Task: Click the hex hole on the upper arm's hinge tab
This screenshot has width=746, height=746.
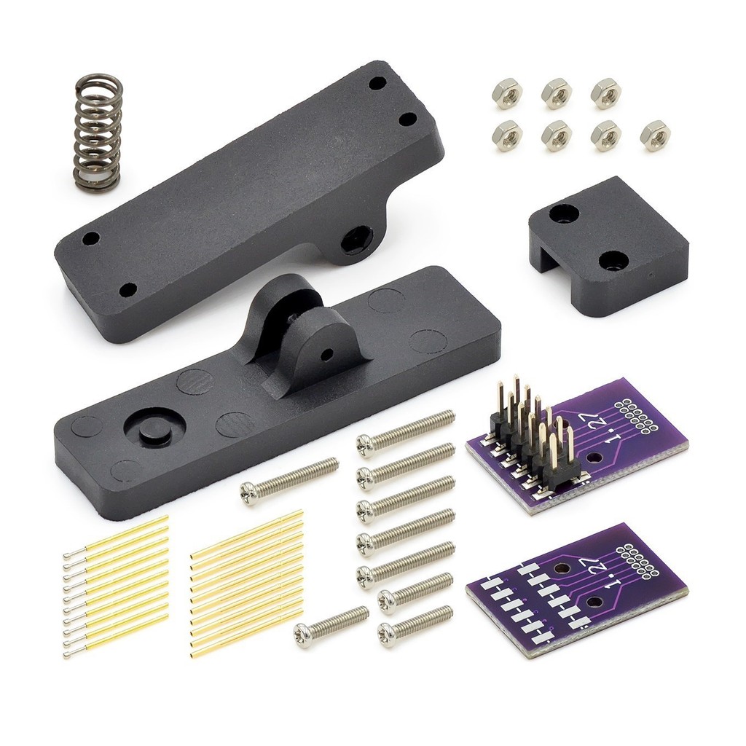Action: (x=353, y=236)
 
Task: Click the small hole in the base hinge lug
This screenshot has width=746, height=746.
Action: (x=327, y=353)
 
